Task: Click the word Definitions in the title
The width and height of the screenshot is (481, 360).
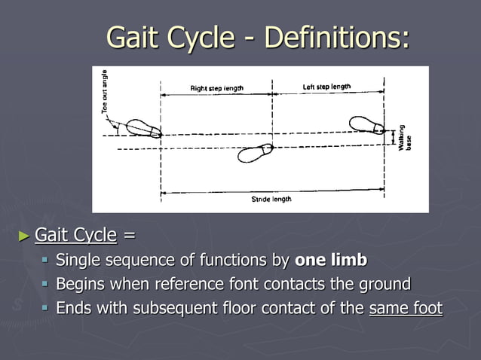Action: pos(337,38)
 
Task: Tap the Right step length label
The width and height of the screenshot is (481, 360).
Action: pos(216,88)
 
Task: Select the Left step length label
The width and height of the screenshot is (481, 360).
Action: pos(326,87)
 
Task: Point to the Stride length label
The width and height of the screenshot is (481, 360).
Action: pos(271,199)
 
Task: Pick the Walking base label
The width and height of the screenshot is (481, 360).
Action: pos(405,137)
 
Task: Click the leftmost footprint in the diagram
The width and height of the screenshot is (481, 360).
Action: pos(143,128)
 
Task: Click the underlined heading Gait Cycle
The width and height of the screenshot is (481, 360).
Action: pos(75,236)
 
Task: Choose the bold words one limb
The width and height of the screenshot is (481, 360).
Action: pos(331,261)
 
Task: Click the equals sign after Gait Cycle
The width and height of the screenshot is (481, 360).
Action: pos(129,236)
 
